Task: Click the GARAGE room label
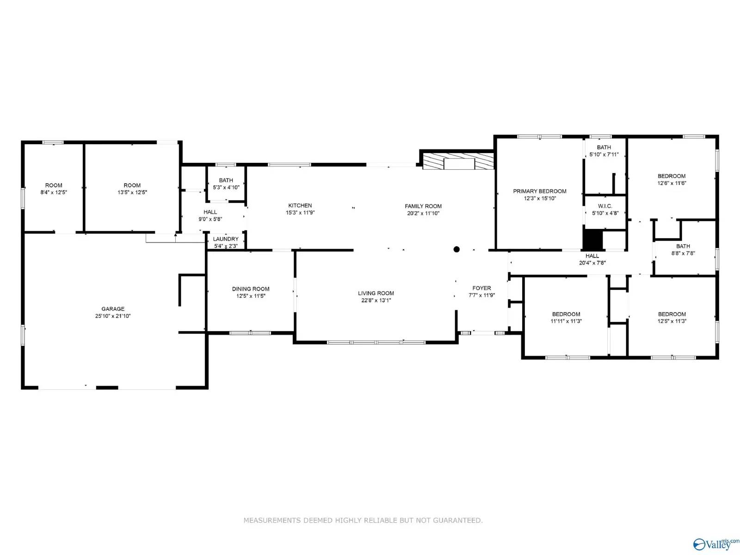pyautogui.click(x=113, y=308)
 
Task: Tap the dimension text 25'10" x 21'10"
pyautogui.click(x=113, y=316)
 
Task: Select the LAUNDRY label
pyautogui.click(x=226, y=239)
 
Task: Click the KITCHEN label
pyautogui.click(x=300, y=205)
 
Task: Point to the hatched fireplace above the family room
pyautogui.click(x=458, y=161)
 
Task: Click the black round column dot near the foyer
pyautogui.click(x=456, y=249)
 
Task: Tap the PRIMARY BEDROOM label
pyautogui.click(x=539, y=191)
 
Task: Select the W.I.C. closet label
pyautogui.click(x=604, y=206)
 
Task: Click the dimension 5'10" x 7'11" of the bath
pyautogui.click(x=604, y=154)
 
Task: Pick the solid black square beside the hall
pyautogui.click(x=592, y=240)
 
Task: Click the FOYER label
pyautogui.click(x=481, y=288)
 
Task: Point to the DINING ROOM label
pyautogui.click(x=251, y=289)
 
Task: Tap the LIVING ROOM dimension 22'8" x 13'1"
pyautogui.click(x=376, y=300)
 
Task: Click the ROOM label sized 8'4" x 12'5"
pyautogui.click(x=54, y=185)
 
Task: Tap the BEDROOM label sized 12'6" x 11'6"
pyautogui.click(x=672, y=176)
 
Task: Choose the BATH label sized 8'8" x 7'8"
pyautogui.click(x=683, y=246)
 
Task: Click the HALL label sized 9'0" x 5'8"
pyautogui.click(x=210, y=212)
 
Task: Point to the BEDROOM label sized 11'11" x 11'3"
pyautogui.click(x=566, y=314)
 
